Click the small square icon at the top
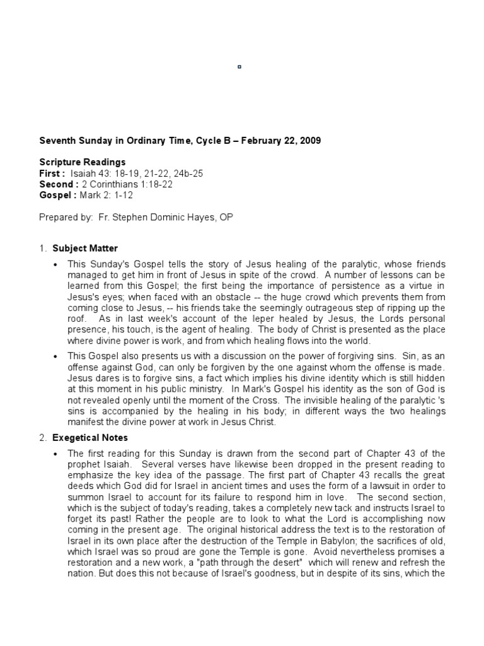pyautogui.click(x=239, y=66)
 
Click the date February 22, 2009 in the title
pyautogui.click(x=282, y=141)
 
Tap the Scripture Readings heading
pyautogui.click(x=83, y=162)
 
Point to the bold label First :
pyautogui.click(x=52, y=173)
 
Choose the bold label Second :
pyautogui.click(x=59, y=184)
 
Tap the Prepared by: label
pyautogui.click(x=66, y=217)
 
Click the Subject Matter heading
pyautogui.click(x=85, y=249)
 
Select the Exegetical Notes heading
pyautogui.click(x=90, y=437)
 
